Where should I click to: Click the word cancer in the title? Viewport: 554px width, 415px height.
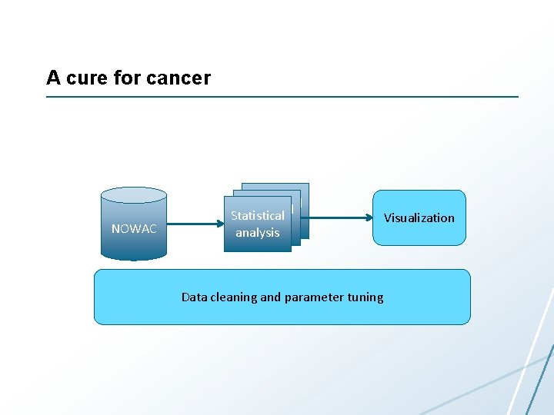coord(179,78)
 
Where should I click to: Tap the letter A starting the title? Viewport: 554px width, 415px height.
coord(53,78)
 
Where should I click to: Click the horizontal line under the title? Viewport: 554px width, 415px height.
coord(282,97)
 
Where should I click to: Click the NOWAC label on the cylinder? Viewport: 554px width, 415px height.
coord(134,229)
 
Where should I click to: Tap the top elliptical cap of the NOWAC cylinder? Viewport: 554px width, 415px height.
coord(134,195)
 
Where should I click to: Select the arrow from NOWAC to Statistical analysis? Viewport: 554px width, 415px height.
coord(192,224)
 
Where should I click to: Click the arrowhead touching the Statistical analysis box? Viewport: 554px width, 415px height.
coord(220,224)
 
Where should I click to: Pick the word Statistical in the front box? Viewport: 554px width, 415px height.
coord(257,216)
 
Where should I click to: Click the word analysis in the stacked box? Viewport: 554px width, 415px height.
coord(257,233)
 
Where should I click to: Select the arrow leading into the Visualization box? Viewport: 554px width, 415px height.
coord(339,217)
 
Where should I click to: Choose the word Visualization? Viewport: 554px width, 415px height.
coord(419,218)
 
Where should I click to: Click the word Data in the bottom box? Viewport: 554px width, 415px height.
coord(195,297)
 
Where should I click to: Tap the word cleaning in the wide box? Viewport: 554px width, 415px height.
coord(234,297)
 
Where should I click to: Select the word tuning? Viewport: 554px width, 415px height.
coord(365,297)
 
